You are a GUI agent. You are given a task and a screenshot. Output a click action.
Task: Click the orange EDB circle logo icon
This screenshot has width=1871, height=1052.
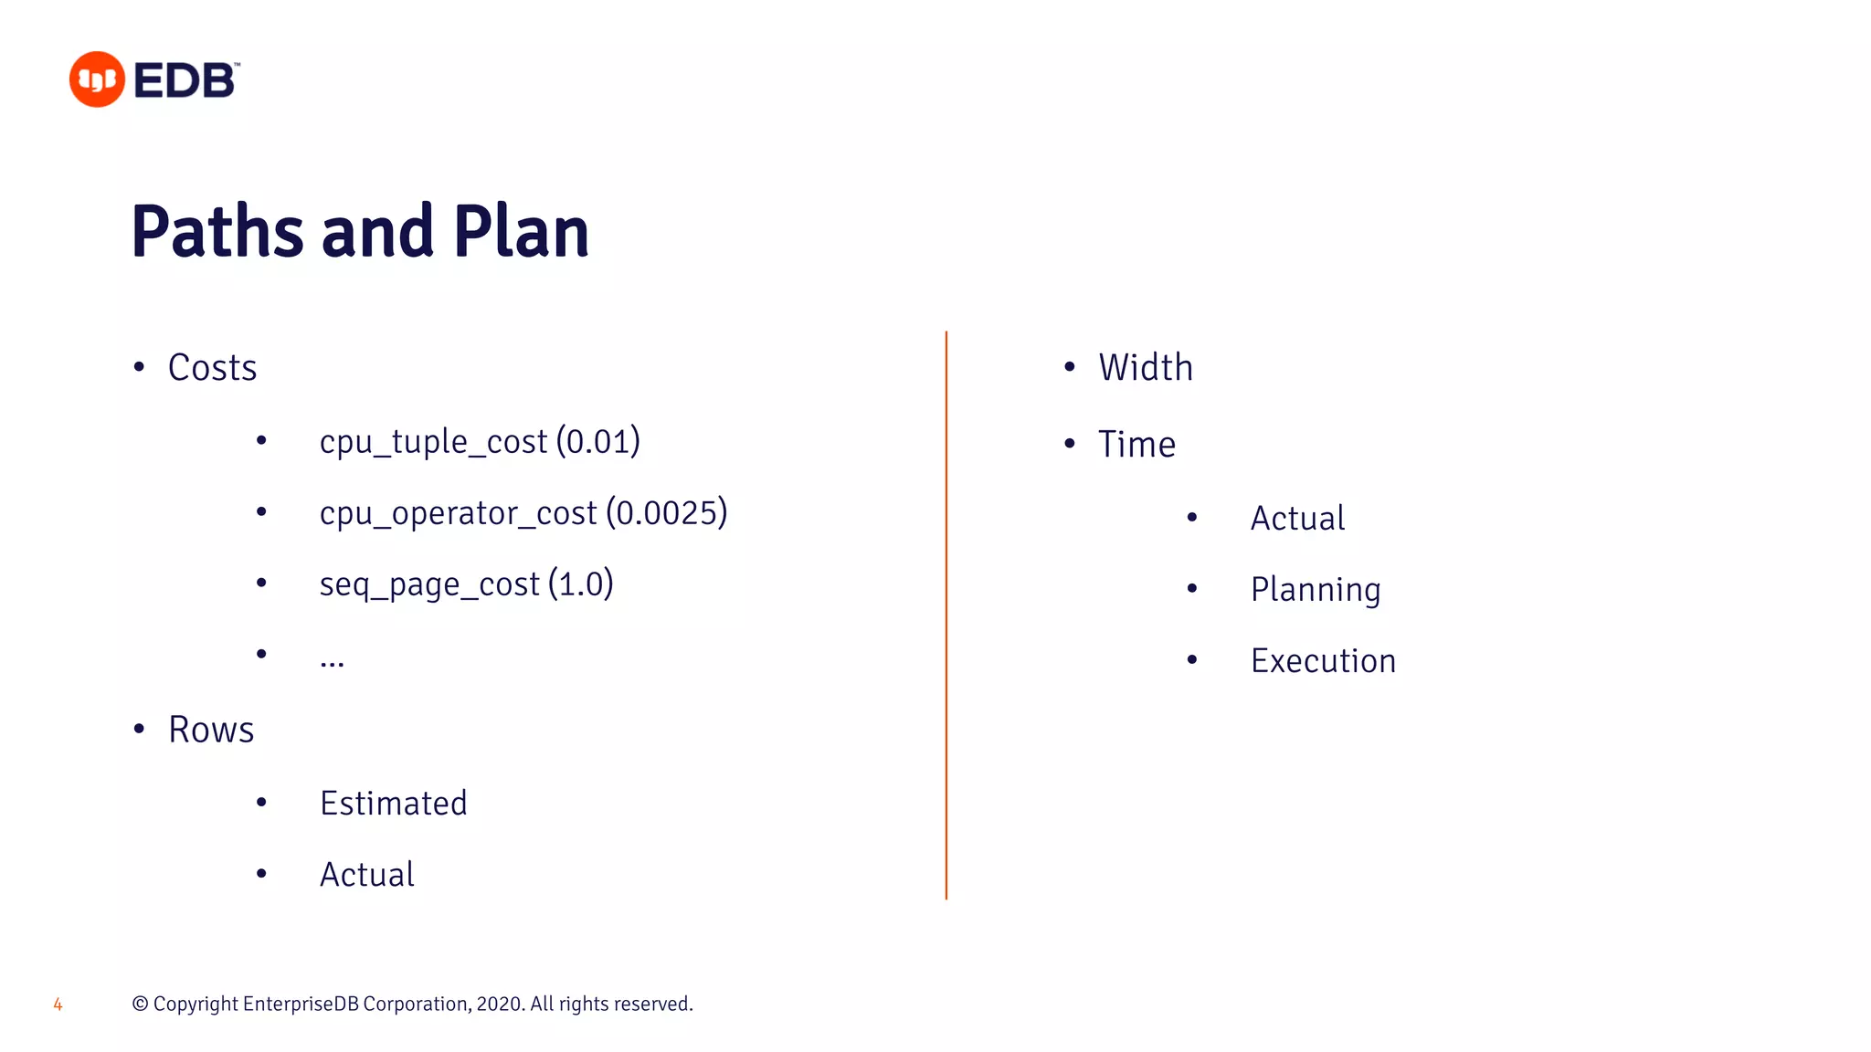click(x=97, y=79)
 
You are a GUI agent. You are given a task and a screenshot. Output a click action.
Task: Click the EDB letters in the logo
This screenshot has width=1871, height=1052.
click(x=185, y=80)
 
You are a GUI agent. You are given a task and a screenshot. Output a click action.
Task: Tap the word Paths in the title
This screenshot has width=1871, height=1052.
click(x=217, y=232)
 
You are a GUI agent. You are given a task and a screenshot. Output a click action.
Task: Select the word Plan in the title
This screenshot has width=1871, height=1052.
click(x=521, y=232)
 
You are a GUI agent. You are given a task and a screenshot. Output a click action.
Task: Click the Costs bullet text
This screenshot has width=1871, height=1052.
click(x=212, y=368)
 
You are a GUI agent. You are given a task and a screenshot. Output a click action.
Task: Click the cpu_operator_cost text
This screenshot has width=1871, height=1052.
click(x=458, y=514)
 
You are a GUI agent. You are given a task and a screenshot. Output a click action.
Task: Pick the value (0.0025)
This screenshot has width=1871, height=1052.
click(x=666, y=513)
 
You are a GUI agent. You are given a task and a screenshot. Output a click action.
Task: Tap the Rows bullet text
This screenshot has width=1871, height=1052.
click(x=211, y=730)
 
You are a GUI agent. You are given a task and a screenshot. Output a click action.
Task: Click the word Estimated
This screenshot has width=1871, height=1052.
click(x=393, y=804)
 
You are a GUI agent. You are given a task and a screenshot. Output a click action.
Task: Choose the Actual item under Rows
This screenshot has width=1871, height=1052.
click(x=366, y=875)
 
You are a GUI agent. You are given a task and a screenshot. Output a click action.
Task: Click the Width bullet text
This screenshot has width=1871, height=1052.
click(x=1146, y=368)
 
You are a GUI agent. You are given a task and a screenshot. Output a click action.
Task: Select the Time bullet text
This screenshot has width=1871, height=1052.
click(x=1136, y=445)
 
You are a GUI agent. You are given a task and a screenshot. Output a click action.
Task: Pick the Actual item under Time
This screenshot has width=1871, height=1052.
click(x=1297, y=519)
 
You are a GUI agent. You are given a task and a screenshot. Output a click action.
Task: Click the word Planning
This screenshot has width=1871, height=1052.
click(x=1315, y=590)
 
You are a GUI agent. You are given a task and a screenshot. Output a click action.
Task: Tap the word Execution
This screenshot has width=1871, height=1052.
click(x=1323, y=661)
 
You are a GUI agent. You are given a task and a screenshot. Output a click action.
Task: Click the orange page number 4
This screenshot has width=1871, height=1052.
click(x=58, y=1005)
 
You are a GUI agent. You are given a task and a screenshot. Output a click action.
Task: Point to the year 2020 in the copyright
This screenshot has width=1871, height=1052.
click(x=499, y=1005)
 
